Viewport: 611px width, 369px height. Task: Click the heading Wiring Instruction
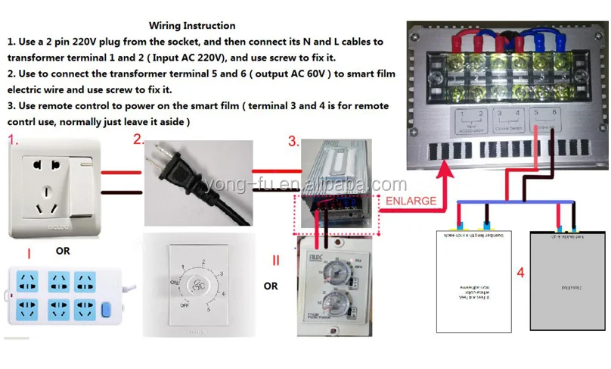[x=192, y=26]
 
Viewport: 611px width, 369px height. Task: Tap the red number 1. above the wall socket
[x=13, y=140]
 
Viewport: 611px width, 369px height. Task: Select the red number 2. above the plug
[x=138, y=139]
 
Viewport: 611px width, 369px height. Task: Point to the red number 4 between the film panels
[x=520, y=273]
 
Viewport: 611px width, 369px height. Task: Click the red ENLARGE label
[x=411, y=201]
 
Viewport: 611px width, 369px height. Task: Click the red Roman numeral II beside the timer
[x=276, y=261]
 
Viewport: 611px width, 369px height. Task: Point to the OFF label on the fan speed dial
[x=185, y=305]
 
